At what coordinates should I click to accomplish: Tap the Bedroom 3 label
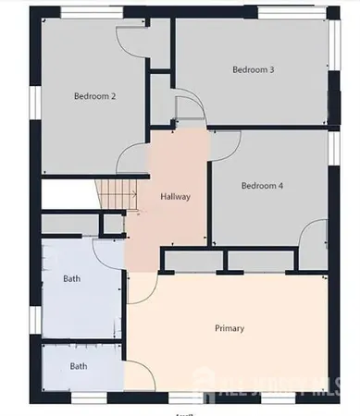(253, 69)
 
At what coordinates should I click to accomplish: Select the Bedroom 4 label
(262, 185)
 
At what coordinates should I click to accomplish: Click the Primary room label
(229, 327)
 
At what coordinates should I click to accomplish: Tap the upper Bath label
(71, 278)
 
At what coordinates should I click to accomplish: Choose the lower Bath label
(79, 367)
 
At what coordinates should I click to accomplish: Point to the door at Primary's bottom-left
(138, 374)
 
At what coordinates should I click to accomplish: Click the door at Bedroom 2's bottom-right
(131, 157)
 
